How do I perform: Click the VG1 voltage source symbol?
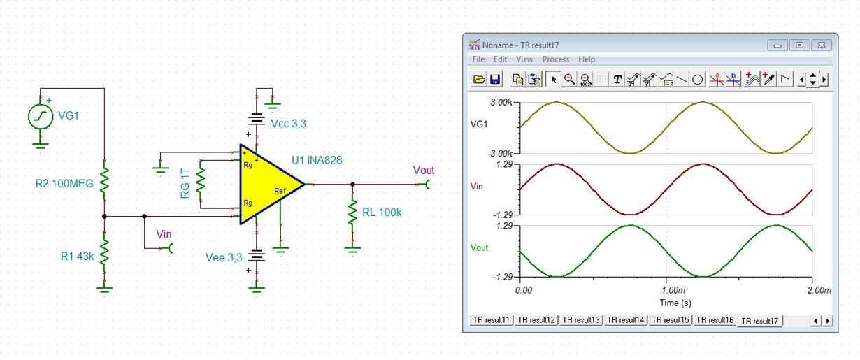(x=41, y=117)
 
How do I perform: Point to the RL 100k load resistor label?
(x=383, y=213)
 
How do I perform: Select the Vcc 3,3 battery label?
(x=288, y=124)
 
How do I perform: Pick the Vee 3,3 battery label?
(x=224, y=257)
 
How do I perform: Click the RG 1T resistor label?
(x=185, y=182)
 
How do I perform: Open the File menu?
(x=478, y=59)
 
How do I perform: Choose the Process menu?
(x=556, y=59)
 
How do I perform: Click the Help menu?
(x=587, y=59)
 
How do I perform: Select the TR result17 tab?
(x=760, y=321)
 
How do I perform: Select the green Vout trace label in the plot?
(x=480, y=247)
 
